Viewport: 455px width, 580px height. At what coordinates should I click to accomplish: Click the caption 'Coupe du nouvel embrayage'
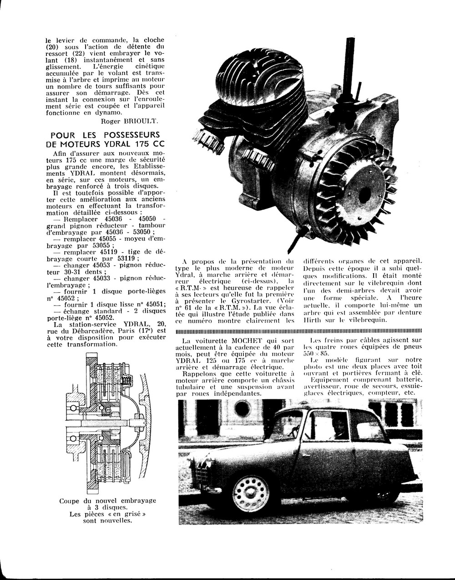click(107, 501)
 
